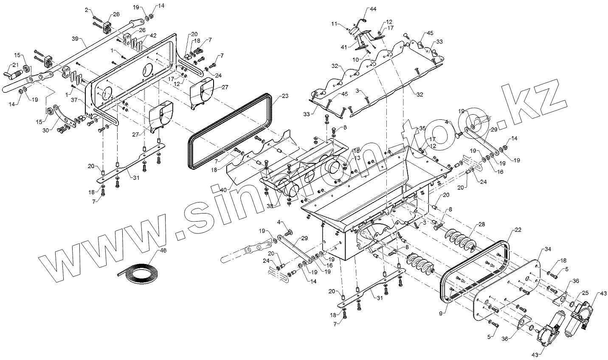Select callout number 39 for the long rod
tap(75, 39)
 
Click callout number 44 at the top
tap(373, 9)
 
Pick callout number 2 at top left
tap(87, 9)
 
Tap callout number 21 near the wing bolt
tap(15, 65)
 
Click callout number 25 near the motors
tap(585, 293)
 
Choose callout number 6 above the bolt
tap(345, 127)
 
